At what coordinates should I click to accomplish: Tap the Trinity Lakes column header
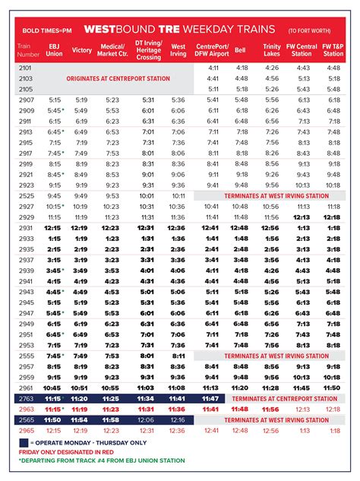[x=270, y=50]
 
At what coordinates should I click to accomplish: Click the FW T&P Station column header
[x=333, y=50]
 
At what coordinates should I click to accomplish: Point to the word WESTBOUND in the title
[x=116, y=28]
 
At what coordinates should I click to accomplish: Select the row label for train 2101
[x=25, y=68]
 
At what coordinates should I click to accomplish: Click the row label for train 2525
[x=25, y=195]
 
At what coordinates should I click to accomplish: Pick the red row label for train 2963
[x=25, y=409]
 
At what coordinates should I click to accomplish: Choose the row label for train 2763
[x=25, y=398]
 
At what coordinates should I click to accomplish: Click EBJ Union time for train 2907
[x=54, y=100]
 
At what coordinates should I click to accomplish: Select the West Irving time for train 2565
[x=177, y=419]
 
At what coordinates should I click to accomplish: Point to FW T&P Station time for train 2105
[x=333, y=89]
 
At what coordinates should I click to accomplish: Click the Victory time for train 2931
[x=81, y=227]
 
